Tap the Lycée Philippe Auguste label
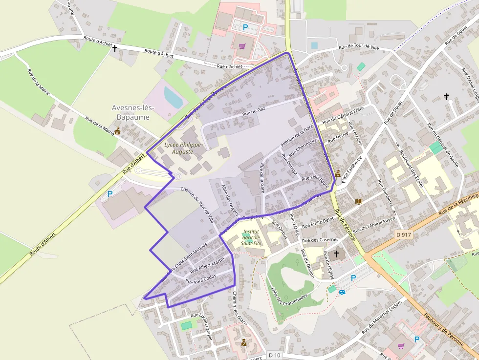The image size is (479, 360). point(179,148)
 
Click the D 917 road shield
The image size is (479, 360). point(404,235)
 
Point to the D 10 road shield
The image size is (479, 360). point(274,355)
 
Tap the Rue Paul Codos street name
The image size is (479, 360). point(200,280)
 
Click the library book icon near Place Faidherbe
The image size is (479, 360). point(359,201)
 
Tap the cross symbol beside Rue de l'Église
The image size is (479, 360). point(336,254)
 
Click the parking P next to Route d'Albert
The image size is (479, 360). point(109,194)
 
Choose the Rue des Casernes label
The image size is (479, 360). point(320,240)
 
